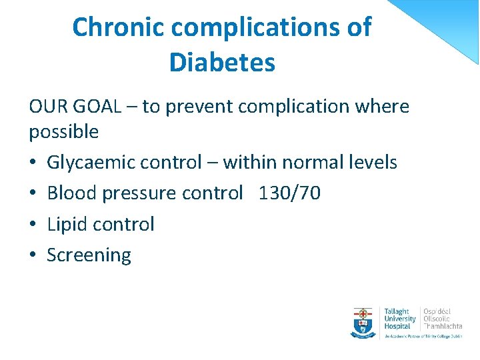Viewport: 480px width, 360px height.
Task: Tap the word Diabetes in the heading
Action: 222,63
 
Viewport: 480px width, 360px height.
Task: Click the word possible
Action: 63,132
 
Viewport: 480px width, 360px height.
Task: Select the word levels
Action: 373,163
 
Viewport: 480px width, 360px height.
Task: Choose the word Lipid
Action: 67,224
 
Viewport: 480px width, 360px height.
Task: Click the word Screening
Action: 89,255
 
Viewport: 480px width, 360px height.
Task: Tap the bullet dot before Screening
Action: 33,255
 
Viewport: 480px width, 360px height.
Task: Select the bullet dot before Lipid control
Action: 33,225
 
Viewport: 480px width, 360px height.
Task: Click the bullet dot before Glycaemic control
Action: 33,163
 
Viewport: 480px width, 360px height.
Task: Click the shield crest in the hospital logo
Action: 363,322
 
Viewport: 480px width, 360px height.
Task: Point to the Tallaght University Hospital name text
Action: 399,319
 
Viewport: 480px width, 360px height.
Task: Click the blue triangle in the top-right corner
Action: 447,23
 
